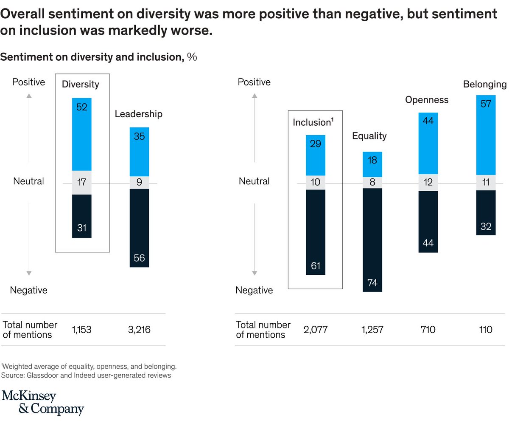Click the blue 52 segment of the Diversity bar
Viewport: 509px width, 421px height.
(82, 134)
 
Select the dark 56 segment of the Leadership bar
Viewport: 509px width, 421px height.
(139, 228)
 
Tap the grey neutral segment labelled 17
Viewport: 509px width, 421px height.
(82, 183)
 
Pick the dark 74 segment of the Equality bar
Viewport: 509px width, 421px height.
(372, 240)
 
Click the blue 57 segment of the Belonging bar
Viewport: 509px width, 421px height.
(486, 135)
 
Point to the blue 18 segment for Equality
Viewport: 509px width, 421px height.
(372, 164)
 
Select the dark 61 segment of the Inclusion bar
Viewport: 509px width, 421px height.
(316, 232)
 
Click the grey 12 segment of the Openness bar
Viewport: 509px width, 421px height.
(429, 183)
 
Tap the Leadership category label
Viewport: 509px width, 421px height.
(139, 114)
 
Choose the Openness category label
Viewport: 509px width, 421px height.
(427, 100)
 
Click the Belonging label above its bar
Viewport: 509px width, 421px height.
(484, 85)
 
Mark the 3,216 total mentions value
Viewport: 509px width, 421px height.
(139, 330)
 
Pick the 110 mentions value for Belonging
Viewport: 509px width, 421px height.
(484, 330)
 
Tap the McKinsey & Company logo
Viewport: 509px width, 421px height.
(43, 402)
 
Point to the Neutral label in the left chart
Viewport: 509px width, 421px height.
(28, 181)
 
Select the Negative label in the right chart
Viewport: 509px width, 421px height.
(254, 290)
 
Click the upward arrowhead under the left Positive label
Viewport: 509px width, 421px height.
(29, 96)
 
